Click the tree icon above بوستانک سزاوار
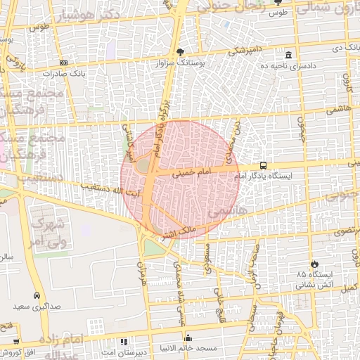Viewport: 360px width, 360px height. (180, 51)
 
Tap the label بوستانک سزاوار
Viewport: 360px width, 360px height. (181, 63)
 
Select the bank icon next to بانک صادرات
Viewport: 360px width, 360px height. (63, 63)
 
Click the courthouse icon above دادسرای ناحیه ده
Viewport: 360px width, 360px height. (288, 55)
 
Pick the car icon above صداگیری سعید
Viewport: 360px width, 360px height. (37, 296)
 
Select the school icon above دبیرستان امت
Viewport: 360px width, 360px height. (125, 341)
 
